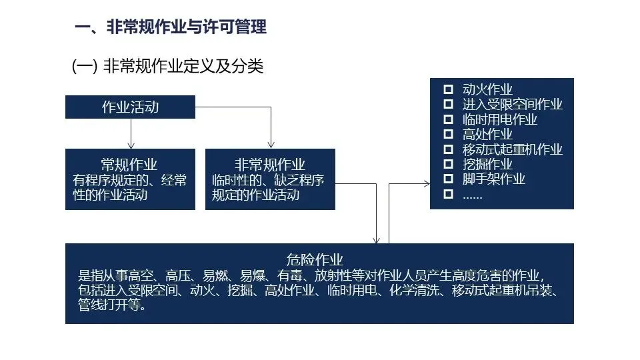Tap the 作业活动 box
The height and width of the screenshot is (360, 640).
[x=130, y=107]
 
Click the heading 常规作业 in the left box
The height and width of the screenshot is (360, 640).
[x=130, y=165]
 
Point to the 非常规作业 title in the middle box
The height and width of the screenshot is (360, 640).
[x=269, y=165]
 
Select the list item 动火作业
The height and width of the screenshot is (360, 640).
[x=487, y=89]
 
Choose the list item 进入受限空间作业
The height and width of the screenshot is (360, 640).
[x=512, y=104]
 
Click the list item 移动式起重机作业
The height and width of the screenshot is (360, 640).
[x=512, y=149]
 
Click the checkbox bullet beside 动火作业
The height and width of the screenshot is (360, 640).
[x=448, y=89]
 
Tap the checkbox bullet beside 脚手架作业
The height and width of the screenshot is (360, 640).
[x=448, y=179]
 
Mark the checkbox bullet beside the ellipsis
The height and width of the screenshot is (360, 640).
[x=448, y=194]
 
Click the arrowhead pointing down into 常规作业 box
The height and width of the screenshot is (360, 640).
[x=131, y=145]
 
